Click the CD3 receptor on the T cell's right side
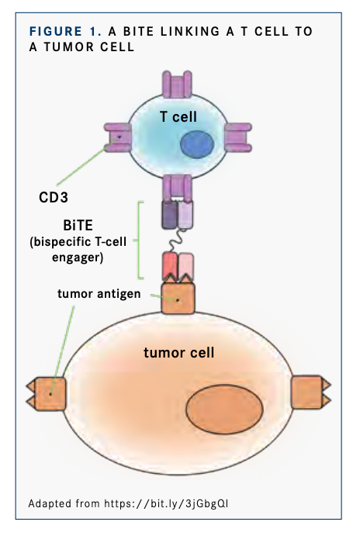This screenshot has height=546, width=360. pos(237,138)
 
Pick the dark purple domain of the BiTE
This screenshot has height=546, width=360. pos(169,214)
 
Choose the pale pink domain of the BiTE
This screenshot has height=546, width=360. pos(186,267)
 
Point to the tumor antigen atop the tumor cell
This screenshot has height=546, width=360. pos(178,298)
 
